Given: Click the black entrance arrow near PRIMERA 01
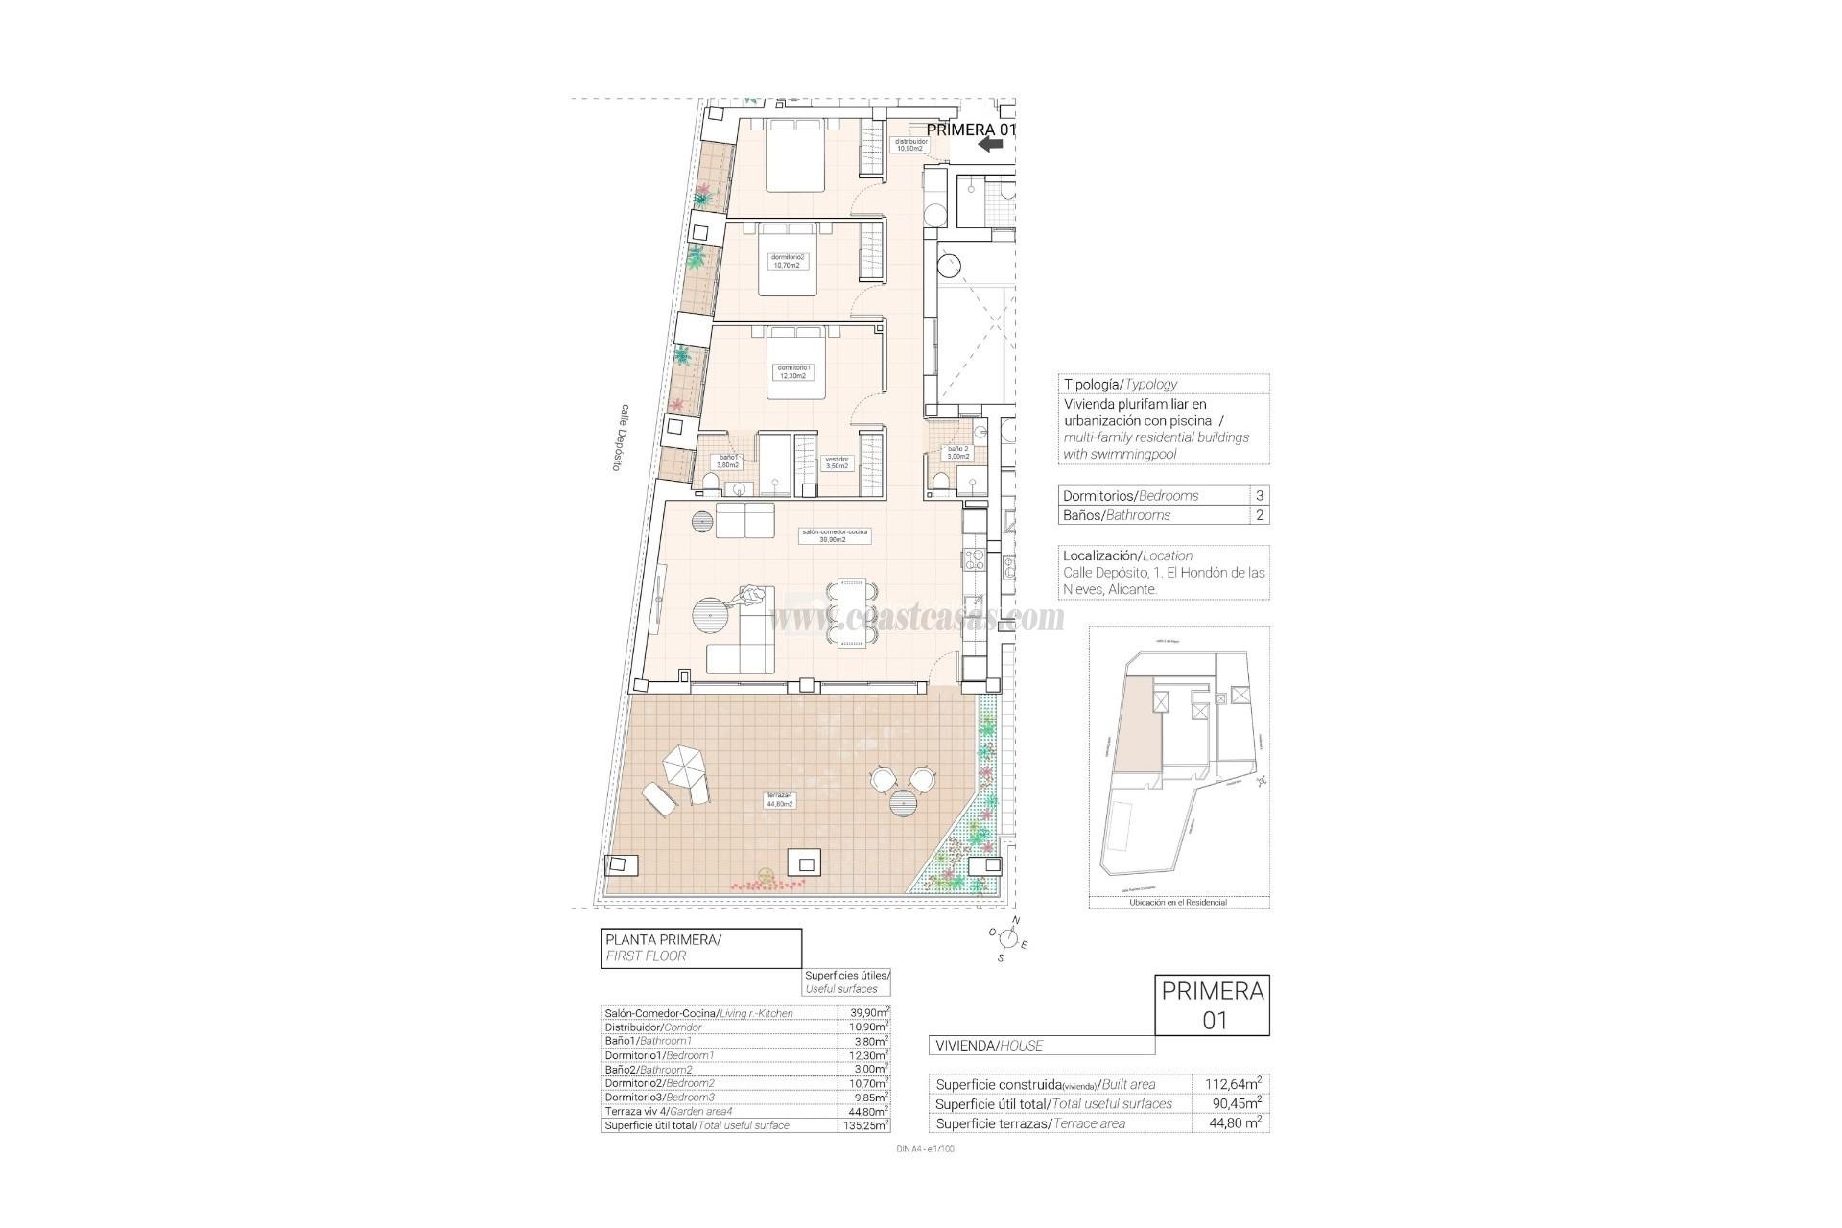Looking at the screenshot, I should pyautogui.click(x=990, y=144).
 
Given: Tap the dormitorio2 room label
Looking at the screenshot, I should pyautogui.click(x=789, y=261).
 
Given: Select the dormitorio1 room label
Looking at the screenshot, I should pyautogui.click(x=793, y=371).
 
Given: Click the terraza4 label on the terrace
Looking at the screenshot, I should pyautogui.click(x=779, y=800).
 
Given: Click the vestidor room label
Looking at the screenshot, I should pyautogui.click(x=838, y=462).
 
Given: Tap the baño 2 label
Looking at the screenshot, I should pyautogui.click(x=958, y=452).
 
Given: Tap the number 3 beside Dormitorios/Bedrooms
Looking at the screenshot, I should pyautogui.click(x=1260, y=496).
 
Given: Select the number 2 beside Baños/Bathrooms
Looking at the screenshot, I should pyautogui.click(x=1260, y=515).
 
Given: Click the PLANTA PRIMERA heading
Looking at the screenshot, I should pyautogui.click(x=663, y=940).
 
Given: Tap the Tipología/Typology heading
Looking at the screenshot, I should pyautogui.click(x=1120, y=384).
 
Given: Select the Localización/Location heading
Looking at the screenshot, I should pyautogui.click(x=1127, y=555).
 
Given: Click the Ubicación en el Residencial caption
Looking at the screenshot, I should pyautogui.click(x=1178, y=903).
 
